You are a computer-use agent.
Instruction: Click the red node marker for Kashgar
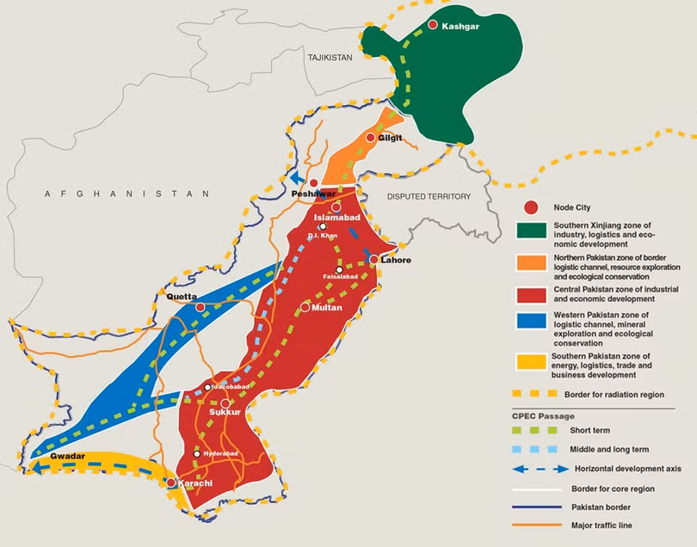433,26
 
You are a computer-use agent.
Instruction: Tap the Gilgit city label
390,138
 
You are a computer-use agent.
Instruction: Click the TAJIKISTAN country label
330,57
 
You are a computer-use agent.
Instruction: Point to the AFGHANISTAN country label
127,194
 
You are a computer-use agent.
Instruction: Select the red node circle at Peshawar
314,183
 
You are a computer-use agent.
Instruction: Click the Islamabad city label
336,218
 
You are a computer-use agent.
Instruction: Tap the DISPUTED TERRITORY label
429,197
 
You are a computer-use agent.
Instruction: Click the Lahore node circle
374,259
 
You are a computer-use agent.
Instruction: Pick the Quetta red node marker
200,307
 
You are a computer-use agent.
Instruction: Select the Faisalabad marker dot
339,270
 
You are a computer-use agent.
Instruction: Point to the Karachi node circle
171,483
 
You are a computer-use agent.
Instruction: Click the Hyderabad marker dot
197,454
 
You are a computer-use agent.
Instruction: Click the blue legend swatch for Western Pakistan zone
533,323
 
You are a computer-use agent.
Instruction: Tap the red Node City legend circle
532,207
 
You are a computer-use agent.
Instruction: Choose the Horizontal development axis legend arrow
534,469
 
